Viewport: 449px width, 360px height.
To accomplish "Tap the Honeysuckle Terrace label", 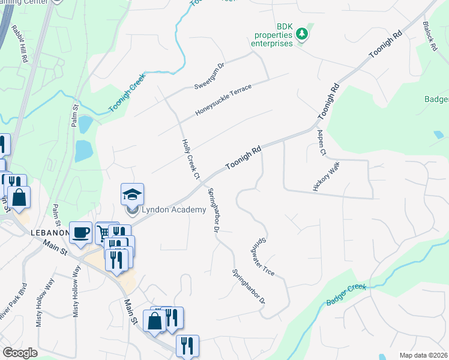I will point(223,100).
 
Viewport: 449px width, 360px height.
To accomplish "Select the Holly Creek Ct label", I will point(190,159).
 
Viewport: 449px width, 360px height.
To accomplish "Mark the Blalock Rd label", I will point(432,37).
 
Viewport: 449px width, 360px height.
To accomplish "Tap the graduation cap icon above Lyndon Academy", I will point(132,194).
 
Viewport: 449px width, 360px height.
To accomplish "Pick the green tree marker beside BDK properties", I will point(303,35).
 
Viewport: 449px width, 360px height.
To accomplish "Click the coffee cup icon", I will point(80,232).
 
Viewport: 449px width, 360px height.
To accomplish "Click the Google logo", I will point(20,353).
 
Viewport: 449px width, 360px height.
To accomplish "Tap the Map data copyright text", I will point(423,355).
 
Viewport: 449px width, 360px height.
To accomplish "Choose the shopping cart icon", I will point(104,231).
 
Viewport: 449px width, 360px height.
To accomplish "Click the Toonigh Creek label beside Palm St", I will point(127,96).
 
